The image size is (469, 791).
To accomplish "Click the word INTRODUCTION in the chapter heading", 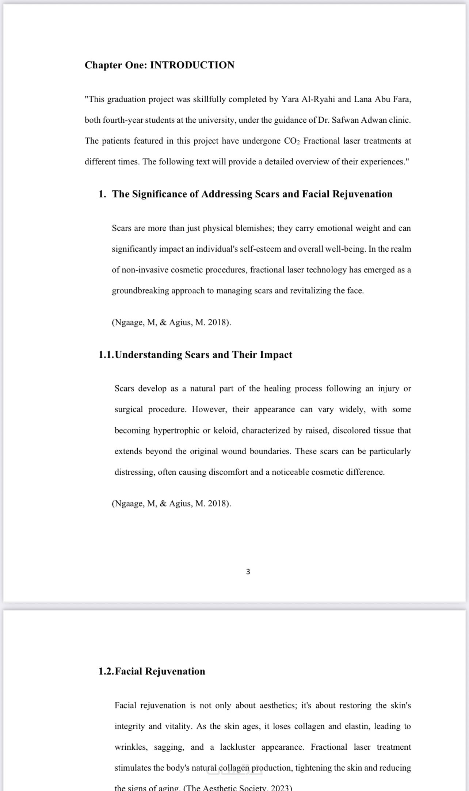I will pos(192,65).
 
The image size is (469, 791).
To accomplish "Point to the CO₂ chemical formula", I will pos(291,141).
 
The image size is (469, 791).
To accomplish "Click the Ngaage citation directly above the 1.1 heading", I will pos(171,322).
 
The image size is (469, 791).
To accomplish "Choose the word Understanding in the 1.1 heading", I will pos(149,355).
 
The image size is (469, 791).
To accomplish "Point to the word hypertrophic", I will pos(176,431).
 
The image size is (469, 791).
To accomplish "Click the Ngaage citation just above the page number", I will pos(171,504).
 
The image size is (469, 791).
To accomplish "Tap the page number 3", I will pos(248,572).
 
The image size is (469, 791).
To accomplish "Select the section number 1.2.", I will pos(106,671).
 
